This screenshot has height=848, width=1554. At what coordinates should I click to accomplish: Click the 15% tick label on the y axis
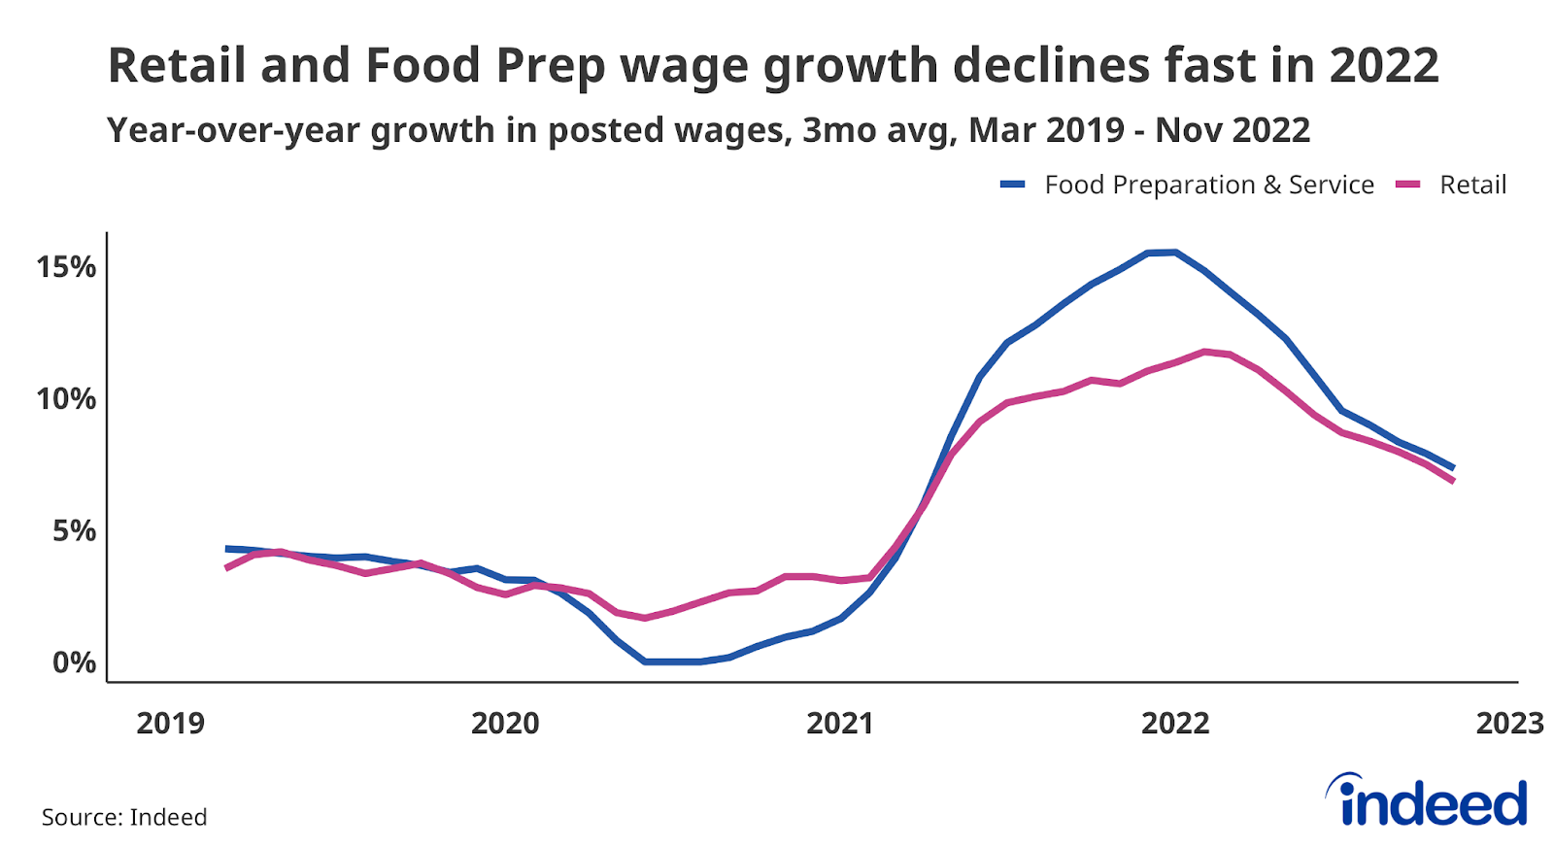click(66, 267)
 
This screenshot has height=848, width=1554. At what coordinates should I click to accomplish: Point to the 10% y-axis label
click(66, 399)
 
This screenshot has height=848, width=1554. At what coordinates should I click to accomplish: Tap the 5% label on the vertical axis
click(74, 531)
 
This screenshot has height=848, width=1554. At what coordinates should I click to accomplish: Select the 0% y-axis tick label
click(74, 663)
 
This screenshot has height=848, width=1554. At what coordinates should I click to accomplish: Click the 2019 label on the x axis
click(170, 724)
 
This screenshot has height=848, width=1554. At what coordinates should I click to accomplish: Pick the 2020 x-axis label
click(505, 724)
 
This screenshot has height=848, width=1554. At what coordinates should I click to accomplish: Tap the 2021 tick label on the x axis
click(840, 724)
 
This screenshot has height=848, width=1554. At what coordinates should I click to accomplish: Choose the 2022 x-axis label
click(1175, 724)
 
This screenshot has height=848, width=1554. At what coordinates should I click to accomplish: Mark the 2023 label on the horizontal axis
click(1509, 724)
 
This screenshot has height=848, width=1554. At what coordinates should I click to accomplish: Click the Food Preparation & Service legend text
click(1209, 185)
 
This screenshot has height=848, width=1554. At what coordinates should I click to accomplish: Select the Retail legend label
click(1472, 185)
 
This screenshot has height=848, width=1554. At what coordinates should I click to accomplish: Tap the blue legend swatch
click(1013, 185)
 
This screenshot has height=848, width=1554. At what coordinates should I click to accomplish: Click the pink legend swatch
click(1408, 185)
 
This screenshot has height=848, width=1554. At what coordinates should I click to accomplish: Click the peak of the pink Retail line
click(1204, 352)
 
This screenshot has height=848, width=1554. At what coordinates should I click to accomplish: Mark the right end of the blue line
click(1452, 467)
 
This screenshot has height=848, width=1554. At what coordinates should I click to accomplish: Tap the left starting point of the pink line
click(226, 567)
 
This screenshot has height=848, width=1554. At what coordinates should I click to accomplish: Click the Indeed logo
click(1428, 800)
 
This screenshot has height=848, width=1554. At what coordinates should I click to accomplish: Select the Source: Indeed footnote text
click(124, 817)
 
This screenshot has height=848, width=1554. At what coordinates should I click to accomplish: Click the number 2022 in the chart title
click(1384, 66)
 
